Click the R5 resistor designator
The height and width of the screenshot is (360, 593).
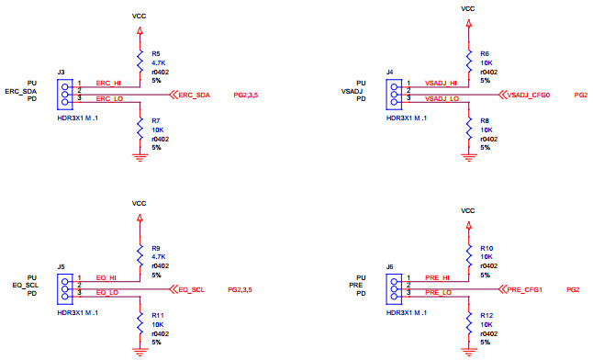tap(156, 54)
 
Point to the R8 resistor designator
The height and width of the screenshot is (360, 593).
tap(486, 120)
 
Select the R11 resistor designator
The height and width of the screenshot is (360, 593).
tap(158, 314)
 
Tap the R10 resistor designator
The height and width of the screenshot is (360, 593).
tap(487, 247)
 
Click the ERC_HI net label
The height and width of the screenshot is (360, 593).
tap(108, 84)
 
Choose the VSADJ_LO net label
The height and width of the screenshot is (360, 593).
tap(442, 98)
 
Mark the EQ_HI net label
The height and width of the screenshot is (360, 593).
tap(106, 276)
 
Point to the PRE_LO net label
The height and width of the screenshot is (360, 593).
tap(437, 292)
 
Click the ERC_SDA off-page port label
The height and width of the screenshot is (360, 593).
tap(195, 95)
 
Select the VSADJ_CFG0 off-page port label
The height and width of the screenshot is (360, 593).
tap(529, 95)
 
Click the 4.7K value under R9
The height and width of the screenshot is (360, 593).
tap(158, 257)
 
